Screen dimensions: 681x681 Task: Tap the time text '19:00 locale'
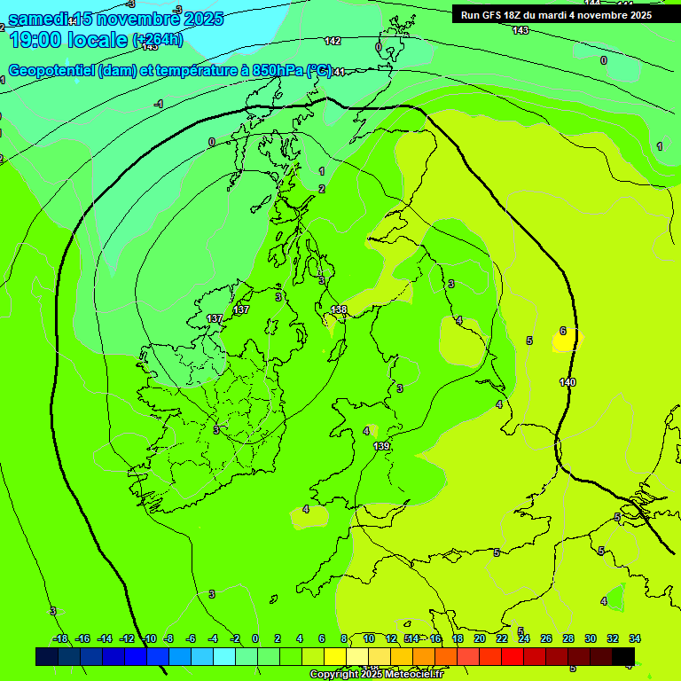click(x=67, y=39)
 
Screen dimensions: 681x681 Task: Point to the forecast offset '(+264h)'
click(x=158, y=39)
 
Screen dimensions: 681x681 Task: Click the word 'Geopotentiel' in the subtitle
click(x=51, y=71)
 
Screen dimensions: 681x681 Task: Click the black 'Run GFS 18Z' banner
click(x=556, y=15)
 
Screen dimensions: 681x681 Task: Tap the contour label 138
click(x=339, y=309)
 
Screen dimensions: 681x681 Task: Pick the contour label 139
click(x=381, y=446)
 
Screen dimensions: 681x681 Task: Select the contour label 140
click(x=567, y=382)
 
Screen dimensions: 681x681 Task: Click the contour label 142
click(x=333, y=41)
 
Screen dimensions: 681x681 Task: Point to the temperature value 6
click(x=563, y=331)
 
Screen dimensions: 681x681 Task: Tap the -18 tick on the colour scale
click(x=60, y=638)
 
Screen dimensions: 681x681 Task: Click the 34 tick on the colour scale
click(x=635, y=638)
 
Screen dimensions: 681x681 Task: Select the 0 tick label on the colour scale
click(x=255, y=638)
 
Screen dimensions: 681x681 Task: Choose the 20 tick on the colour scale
click(x=480, y=638)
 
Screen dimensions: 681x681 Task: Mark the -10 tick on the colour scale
click(x=150, y=638)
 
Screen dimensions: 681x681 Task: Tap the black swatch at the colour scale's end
click(x=623, y=657)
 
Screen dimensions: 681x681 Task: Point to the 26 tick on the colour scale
click(x=546, y=638)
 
